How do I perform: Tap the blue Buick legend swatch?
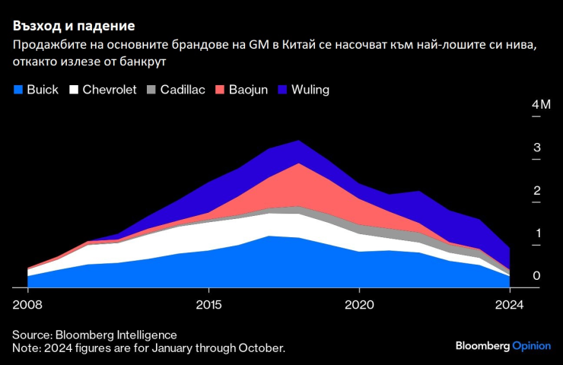coord(18,90)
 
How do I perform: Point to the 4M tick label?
coord(519,104)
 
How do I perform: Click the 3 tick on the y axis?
coord(516,148)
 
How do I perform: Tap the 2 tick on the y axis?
coord(516,190)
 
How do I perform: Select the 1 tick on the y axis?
coord(516,233)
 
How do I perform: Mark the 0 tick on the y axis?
coord(516,276)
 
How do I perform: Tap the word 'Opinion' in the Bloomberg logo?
coord(532,345)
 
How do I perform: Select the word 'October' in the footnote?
coord(262,348)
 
